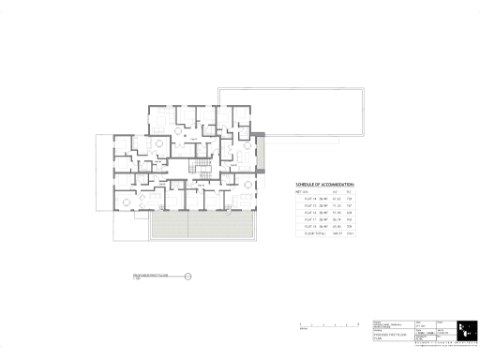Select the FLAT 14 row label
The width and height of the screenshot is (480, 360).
coord(311,199)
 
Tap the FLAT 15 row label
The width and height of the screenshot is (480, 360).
coord(311,206)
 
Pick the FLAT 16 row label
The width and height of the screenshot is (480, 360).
coord(311,213)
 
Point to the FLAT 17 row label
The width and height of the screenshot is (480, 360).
coord(311,220)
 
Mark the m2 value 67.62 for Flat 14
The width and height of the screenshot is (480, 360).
coord(335,199)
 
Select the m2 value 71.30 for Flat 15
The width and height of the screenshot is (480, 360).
coord(335,206)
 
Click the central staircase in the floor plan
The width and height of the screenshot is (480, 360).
coord(199,168)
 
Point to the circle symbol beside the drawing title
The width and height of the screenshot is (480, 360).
coord(187,276)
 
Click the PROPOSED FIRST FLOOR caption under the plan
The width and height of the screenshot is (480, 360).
coord(157,276)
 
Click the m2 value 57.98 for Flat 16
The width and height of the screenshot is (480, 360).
coord(335,213)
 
